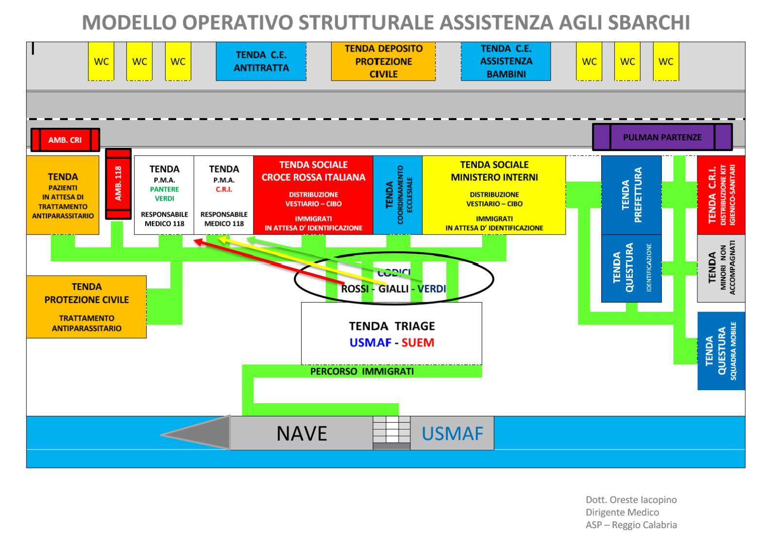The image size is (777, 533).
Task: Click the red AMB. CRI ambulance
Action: tap(65, 140)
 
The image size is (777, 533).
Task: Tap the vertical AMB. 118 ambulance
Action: tap(118, 184)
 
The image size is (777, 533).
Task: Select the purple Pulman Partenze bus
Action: tap(662, 137)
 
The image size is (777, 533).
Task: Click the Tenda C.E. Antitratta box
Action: tap(261, 61)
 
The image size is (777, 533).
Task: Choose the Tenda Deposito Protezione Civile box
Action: tap(383, 61)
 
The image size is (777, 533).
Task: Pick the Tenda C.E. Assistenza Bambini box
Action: tap(506, 61)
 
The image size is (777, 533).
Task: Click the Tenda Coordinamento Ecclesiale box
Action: tap(398, 195)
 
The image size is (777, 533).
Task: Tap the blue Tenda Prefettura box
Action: tap(631, 195)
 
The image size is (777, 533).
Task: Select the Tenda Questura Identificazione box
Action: tap(631, 268)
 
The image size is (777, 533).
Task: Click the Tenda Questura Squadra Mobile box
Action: tap(721, 351)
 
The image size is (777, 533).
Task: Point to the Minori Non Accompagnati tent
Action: tap(721, 268)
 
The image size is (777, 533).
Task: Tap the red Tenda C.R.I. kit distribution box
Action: tap(721, 195)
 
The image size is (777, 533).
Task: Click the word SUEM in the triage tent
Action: tap(418, 343)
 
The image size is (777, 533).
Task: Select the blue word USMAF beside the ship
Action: tap(452, 433)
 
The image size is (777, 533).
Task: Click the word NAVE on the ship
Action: tap(302, 433)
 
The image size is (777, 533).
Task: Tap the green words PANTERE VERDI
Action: tap(165, 194)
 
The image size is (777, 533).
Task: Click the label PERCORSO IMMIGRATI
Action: tap(362, 372)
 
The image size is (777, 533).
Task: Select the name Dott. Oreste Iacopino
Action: tap(631, 499)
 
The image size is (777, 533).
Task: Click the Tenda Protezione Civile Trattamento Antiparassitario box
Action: tap(86, 307)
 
